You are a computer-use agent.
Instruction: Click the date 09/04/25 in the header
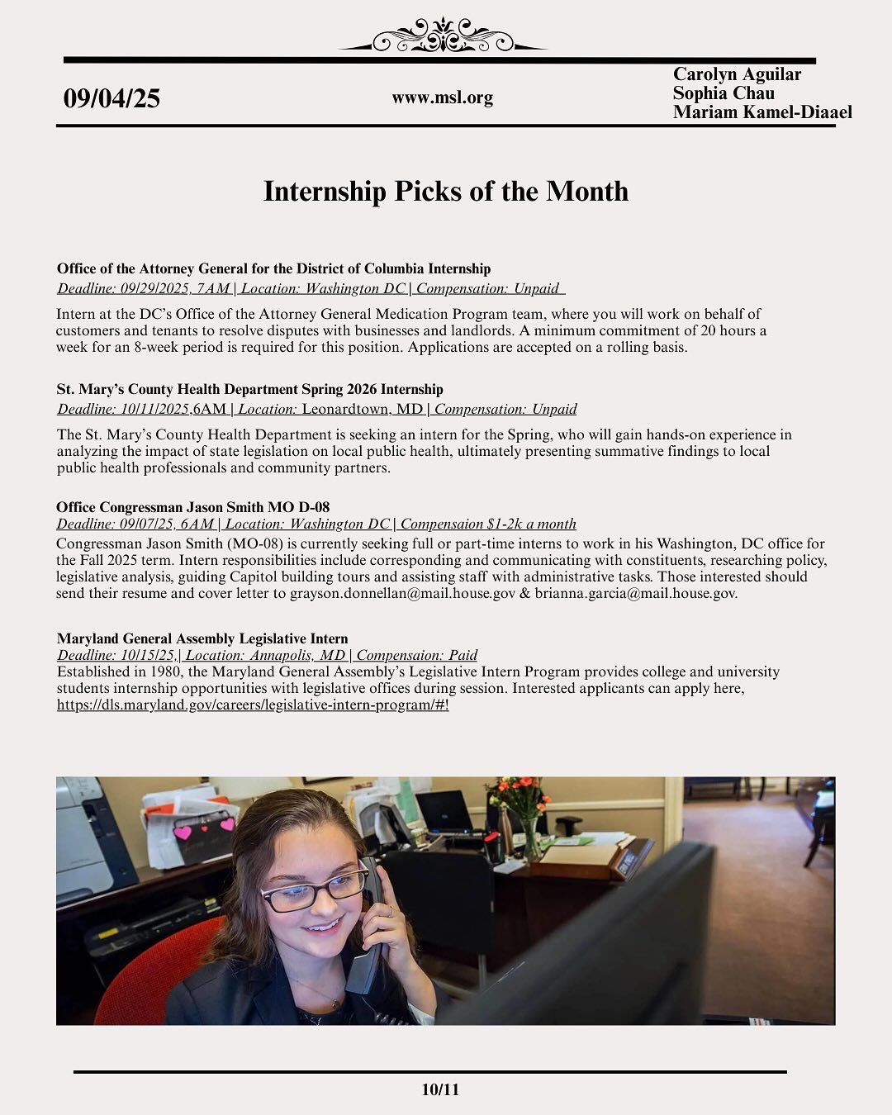[111, 98]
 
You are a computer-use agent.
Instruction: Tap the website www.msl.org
[442, 97]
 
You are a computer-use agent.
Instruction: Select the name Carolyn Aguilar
[737, 74]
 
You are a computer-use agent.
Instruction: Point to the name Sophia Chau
[724, 93]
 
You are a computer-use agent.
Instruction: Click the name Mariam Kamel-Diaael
[762, 112]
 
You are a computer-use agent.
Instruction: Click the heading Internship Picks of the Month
[446, 192]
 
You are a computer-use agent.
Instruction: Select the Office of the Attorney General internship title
[273, 268]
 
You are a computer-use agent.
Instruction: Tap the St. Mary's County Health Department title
[249, 389]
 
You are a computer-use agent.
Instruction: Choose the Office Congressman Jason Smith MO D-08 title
[192, 507]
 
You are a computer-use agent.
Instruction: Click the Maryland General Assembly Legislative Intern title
[202, 638]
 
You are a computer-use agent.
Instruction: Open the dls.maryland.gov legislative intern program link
[252, 705]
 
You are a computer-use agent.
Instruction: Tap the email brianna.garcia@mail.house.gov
[635, 593]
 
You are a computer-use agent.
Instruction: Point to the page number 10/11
[439, 1089]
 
